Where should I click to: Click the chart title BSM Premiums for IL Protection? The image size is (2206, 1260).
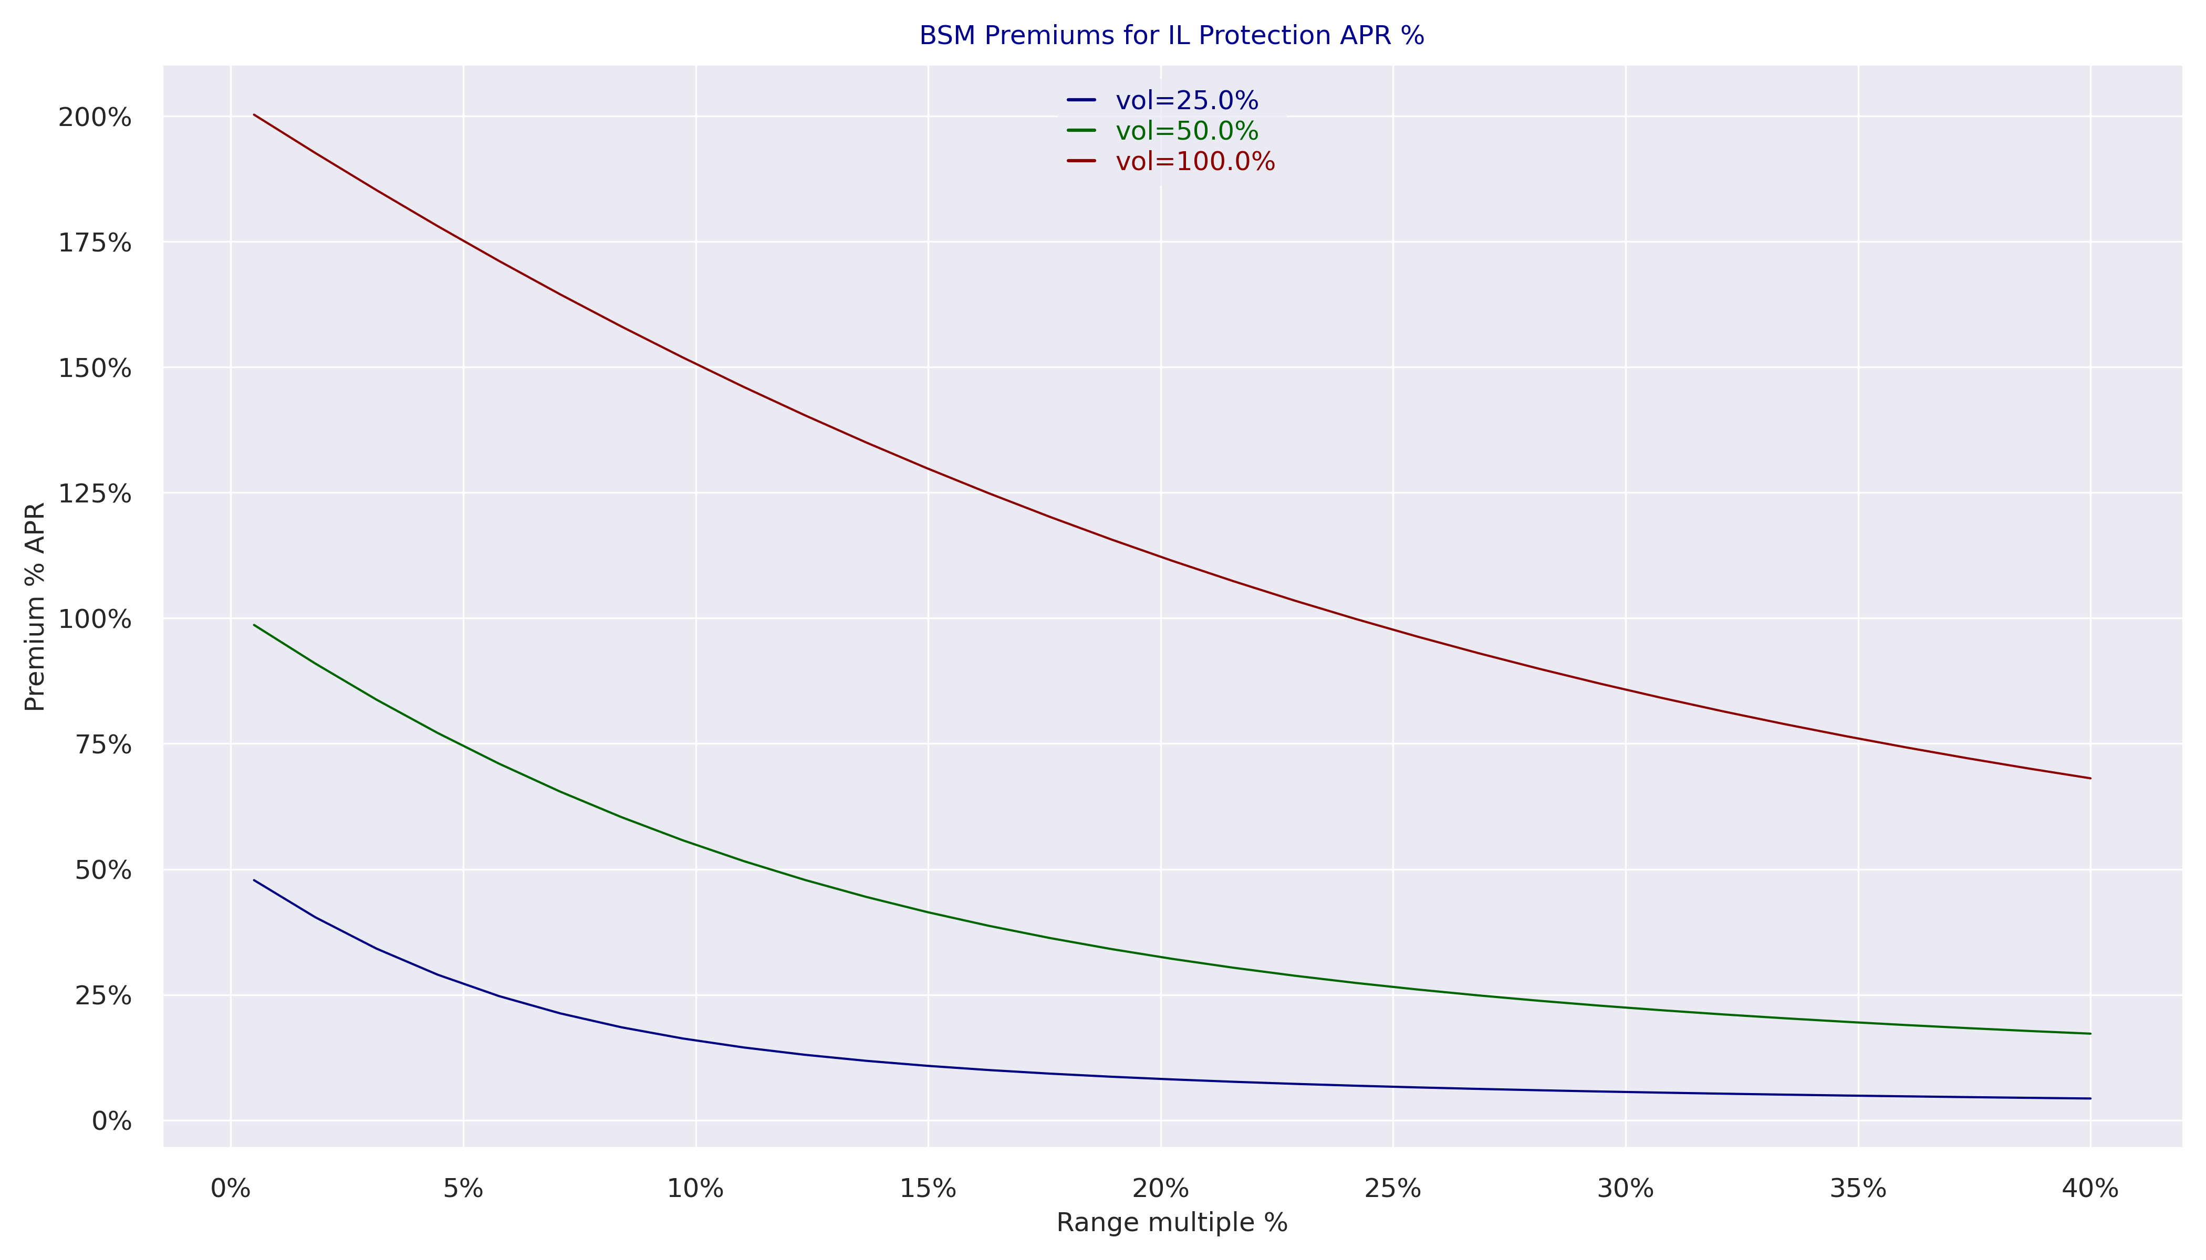(x=1171, y=36)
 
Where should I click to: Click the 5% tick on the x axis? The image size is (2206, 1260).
(x=463, y=1189)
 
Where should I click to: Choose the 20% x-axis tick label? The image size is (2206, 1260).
(x=1160, y=1189)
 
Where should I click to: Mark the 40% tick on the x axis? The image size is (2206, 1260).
(x=2090, y=1189)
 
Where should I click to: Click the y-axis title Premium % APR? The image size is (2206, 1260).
(x=35, y=606)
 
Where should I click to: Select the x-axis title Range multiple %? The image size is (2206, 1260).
(x=1171, y=1223)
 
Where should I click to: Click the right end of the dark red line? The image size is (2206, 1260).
(x=2090, y=778)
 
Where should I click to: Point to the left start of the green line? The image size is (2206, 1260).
(x=254, y=625)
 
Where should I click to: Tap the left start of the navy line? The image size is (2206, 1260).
(x=254, y=880)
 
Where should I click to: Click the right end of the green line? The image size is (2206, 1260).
(x=2090, y=1033)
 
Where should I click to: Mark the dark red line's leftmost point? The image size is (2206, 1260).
(x=254, y=114)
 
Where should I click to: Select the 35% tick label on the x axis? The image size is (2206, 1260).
(x=1858, y=1189)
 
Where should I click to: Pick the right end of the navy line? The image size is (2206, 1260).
(x=2090, y=1098)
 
